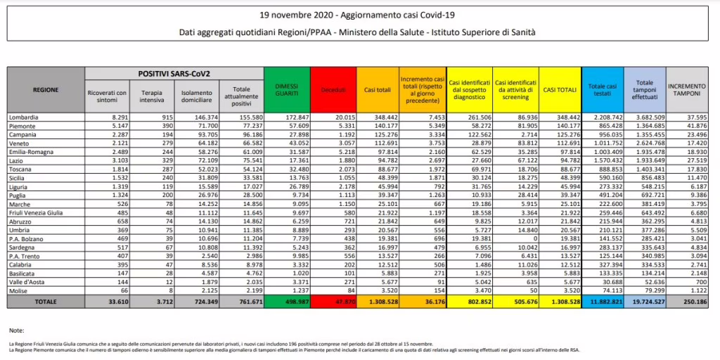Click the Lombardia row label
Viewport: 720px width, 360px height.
pos(25,116)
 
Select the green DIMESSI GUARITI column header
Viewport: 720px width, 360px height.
pos(287,89)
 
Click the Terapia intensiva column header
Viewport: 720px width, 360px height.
pos(152,94)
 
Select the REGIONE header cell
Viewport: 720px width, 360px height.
pos(45,89)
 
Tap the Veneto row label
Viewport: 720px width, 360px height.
pos(21,141)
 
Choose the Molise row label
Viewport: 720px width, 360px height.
pos(20,290)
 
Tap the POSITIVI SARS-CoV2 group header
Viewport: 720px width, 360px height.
pos(174,72)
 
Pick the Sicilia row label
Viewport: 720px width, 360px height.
pos(20,183)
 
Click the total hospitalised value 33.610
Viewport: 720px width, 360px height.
pos(114,301)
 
